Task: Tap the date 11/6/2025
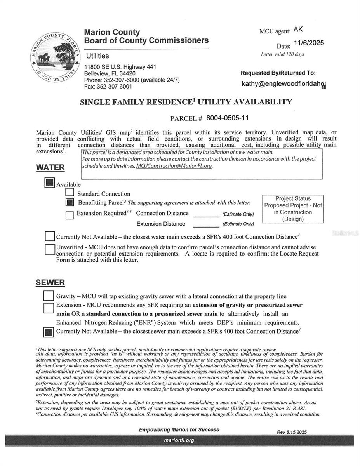point(309,43)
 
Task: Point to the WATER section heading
point(50,167)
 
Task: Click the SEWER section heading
point(50,283)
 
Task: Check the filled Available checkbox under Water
point(49,183)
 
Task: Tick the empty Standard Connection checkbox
point(70,192)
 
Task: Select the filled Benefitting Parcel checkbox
point(70,202)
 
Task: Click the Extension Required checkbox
point(70,215)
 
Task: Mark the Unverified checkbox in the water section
point(50,249)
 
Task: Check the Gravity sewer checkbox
point(49,296)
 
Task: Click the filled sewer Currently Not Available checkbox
point(49,332)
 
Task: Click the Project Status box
point(293,209)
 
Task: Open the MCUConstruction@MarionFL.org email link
point(174,166)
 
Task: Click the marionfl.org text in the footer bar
point(179,440)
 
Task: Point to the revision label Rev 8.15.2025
point(292,432)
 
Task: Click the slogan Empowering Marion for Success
point(179,429)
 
